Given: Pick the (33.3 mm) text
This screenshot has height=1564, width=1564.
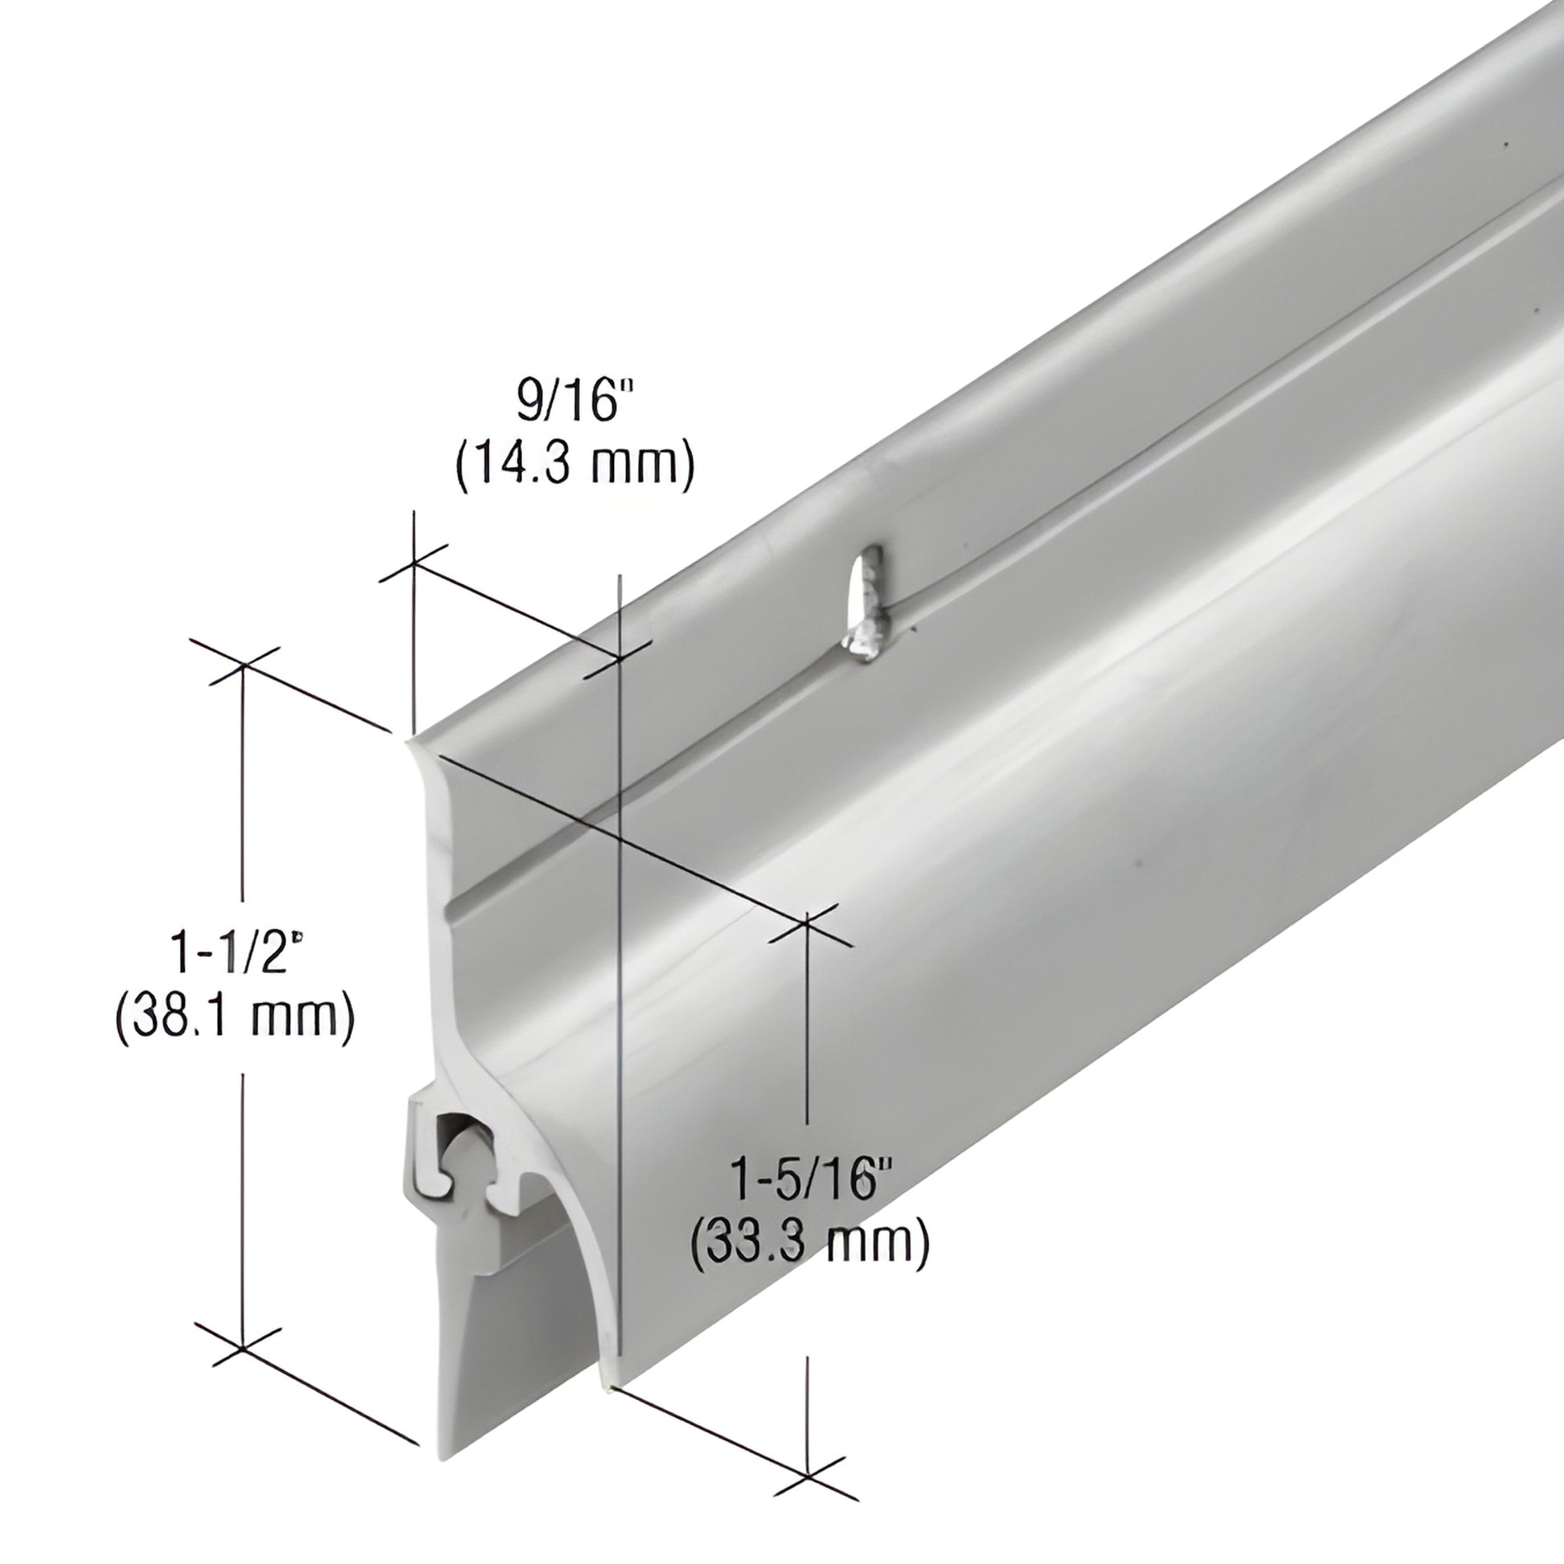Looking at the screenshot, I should pyautogui.click(x=809, y=1243).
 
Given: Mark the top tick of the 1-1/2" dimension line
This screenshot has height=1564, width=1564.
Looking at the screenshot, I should pyautogui.click(x=244, y=665).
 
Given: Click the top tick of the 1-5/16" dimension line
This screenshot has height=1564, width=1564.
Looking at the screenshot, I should pyautogui.click(x=807, y=928).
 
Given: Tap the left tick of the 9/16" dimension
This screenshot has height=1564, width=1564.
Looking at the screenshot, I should pyautogui.click(x=414, y=562).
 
